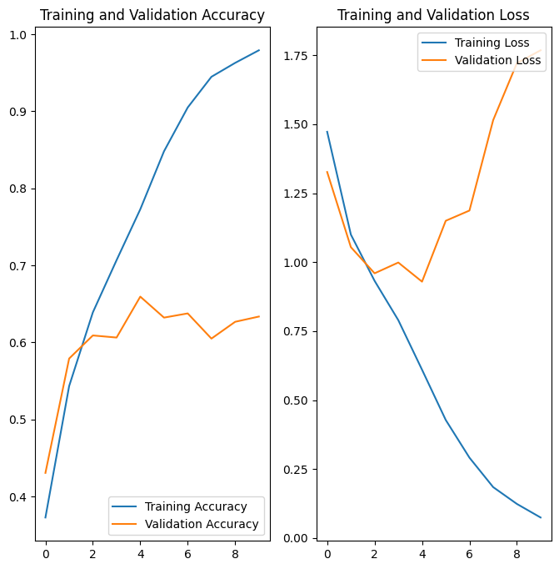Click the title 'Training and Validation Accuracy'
(152, 15)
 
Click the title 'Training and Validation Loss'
(433, 15)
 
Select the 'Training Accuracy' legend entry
(196, 506)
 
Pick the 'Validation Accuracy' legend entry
(202, 525)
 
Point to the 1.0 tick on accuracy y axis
(19, 34)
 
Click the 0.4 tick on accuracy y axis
(19, 497)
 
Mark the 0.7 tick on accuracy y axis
(19, 266)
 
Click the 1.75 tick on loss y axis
(296, 56)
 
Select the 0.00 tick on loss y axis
(296, 538)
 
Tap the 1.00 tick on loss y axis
(296, 263)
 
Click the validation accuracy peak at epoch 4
(140, 296)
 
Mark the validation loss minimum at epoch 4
(422, 282)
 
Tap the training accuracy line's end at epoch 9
(259, 50)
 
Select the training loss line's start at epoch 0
(327, 132)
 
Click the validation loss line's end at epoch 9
(541, 50)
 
